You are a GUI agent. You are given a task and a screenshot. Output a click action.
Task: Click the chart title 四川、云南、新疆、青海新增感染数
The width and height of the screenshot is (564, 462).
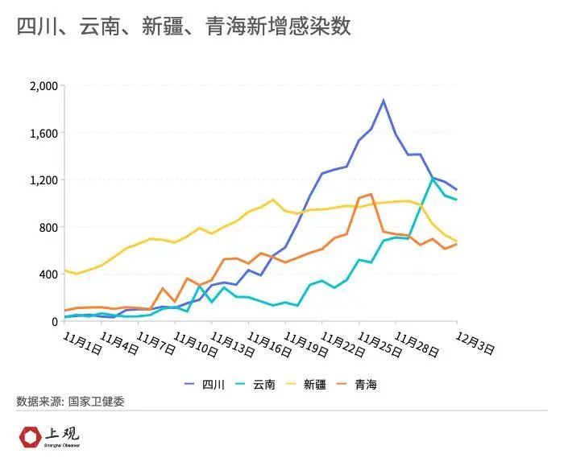(183, 27)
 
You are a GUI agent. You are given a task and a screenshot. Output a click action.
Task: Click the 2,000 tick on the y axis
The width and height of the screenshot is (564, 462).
(43, 86)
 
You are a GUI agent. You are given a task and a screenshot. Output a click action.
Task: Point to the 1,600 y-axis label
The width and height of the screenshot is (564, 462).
(43, 133)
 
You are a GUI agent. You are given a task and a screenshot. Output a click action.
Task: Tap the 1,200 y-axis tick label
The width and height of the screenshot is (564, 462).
(43, 180)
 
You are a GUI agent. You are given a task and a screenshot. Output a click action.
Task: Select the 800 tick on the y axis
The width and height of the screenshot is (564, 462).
(48, 227)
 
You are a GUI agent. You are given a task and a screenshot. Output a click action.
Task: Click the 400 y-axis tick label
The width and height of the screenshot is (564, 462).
(48, 274)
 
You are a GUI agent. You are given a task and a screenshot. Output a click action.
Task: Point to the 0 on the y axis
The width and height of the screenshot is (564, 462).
(54, 321)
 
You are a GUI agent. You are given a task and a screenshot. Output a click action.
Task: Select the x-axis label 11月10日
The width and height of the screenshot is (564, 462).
(196, 341)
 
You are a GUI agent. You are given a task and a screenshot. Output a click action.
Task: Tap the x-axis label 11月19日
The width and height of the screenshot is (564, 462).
(307, 341)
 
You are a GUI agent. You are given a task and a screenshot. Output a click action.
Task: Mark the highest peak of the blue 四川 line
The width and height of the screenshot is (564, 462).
(384, 101)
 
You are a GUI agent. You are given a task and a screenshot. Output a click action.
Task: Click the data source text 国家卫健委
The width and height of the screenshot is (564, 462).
(96, 401)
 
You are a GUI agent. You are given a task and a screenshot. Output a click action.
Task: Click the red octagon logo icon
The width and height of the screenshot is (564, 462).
(30, 437)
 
